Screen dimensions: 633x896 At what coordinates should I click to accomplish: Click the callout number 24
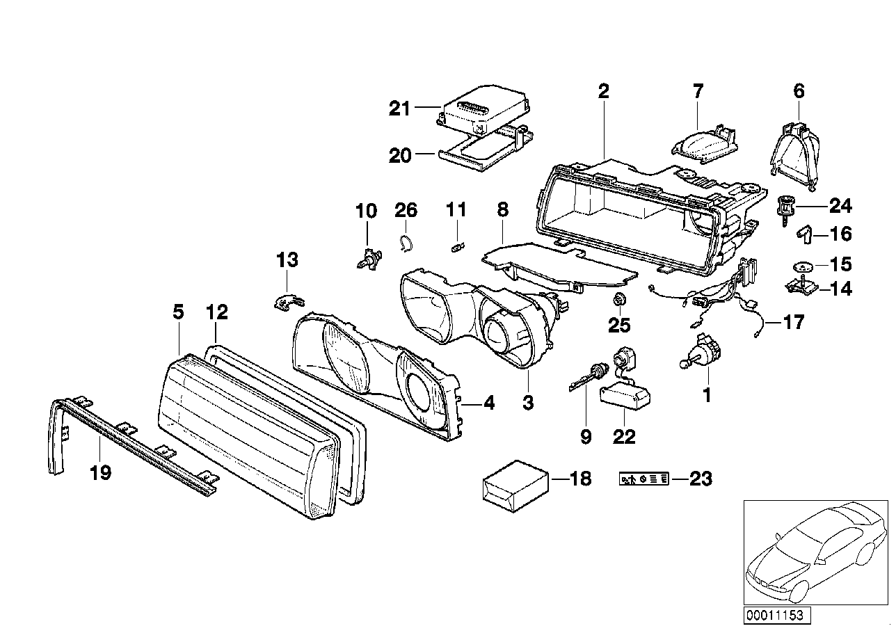pos(840,205)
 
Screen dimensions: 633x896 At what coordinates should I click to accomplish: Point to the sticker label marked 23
pos(643,479)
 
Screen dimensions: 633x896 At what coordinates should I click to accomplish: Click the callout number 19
pos(100,474)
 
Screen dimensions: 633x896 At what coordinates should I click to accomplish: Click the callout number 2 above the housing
pos(603,90)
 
